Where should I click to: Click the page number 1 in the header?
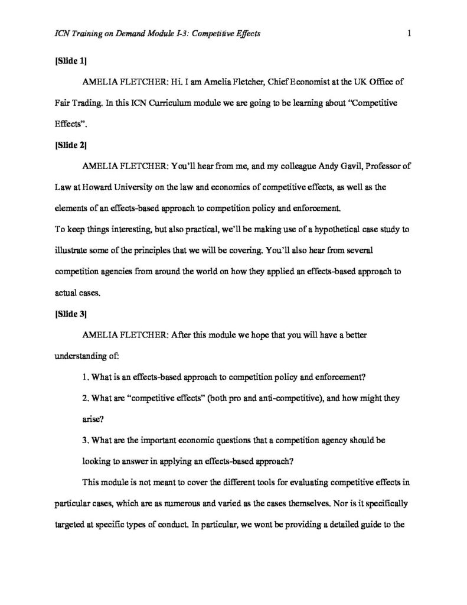click(x=409, y=34)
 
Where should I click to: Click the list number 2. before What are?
click(x=86, y=398)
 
